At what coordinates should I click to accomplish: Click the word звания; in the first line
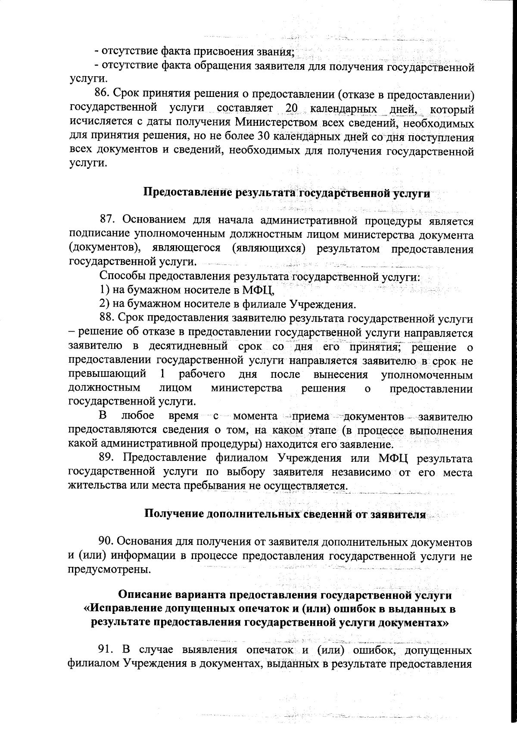click(274, 53)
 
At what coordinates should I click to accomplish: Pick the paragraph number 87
click(108, 221)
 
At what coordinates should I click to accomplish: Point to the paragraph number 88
click(108, 318)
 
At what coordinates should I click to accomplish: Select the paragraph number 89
click(108, 459)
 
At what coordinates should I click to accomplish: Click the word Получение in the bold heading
click(173, 514)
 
